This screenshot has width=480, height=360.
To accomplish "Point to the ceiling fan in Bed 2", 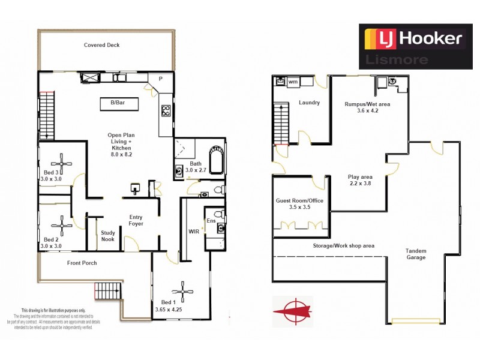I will click(x=62, y=226).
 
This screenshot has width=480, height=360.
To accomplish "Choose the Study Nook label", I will click(x=108, y=236).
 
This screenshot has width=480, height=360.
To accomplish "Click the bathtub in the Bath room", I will click(x=217, y=161).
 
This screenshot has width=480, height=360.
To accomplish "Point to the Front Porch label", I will click(x=82, y=263).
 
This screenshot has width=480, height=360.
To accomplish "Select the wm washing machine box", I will click(x=293, y=82).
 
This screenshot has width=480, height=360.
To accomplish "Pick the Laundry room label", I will click(x=310, y=103).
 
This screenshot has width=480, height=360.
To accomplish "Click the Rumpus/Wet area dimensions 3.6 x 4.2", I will click(x=360, y=110).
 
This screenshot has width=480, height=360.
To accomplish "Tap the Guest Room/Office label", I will click(x=300, y=205).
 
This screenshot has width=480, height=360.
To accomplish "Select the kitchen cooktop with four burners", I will click(x=166, y=111).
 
